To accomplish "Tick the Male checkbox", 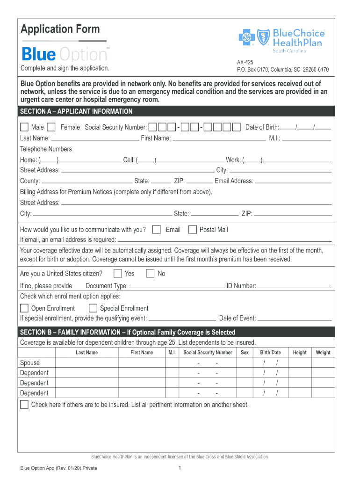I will [x=24, y=127].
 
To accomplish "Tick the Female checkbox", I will [x=51, y=127].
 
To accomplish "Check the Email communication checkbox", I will [x=157, y=229].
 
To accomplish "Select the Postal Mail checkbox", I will [x=192, y=229].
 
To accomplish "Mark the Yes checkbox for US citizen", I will [x=118, y=273].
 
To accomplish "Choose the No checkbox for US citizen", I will [x=150, y=273].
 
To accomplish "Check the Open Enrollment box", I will [x=24, y=308].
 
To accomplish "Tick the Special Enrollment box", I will [x=93, y=308].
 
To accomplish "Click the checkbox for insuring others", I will [x=24, y=405].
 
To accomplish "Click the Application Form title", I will [x=60, y=29].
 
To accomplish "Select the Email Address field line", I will [x=293, y=182].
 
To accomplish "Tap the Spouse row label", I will [x=30, y=363].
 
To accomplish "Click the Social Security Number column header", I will [x=208, y=353].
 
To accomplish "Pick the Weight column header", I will [x=323, y=353].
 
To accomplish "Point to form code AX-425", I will [x=245, y=62].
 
